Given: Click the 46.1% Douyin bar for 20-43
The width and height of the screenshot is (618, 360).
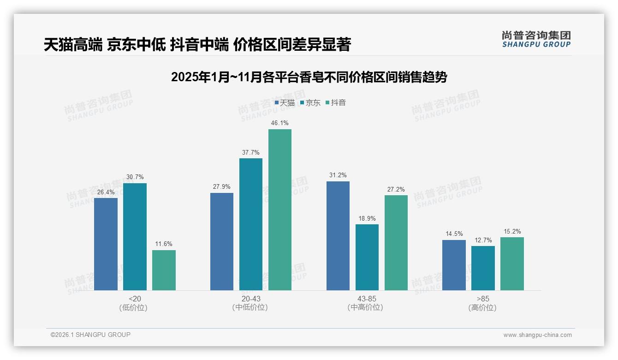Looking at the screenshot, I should pyautogui.click(x=279, y=210).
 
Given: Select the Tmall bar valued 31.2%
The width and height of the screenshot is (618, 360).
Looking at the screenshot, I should pyautogui.click(x=338, y=235).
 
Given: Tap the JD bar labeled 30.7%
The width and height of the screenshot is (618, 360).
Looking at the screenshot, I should pyautogui.click(x=135, y=236).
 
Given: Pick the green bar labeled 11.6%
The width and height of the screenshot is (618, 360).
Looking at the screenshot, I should pyautogui.click(x=164, y=270).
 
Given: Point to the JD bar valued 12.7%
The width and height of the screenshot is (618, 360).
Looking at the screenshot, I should pyautogui.click(x=483, y=268).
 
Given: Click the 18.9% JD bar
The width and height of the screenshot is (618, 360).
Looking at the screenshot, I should pyautogui.click(x=367, y=257).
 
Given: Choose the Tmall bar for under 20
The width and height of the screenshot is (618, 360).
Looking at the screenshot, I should pyautogui.click(x=106, y=244).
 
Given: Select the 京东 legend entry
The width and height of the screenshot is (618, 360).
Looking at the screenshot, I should pyautogui.click(x=310, y=103).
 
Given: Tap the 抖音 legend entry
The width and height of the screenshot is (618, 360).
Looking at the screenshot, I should pyautogui.click(x=335, y=103).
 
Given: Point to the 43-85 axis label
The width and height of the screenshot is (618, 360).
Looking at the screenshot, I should pyautogui.click(x=367, y=299).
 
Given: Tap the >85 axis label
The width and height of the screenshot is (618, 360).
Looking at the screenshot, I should pyautogui.click(x=483, y=299).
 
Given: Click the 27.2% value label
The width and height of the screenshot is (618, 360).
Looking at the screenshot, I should pyautogui.click(x=396, y=189).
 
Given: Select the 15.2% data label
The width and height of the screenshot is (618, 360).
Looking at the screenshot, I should pyautogui.click(x=512, y=231).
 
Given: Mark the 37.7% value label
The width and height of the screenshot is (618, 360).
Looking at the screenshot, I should pyautogui.click(x=250, y=152).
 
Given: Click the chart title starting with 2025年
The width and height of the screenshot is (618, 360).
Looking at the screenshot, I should pyautogui.click(x=309, y=77).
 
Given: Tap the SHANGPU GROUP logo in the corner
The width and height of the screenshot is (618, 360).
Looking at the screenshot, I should pyautogui.click(x=536, y=39).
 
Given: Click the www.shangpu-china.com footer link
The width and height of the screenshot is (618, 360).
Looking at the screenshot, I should pyautogui.click(x=537, y=335).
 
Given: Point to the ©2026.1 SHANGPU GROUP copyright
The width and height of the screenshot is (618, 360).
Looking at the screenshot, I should pyautogui.click(x=90, y=335).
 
